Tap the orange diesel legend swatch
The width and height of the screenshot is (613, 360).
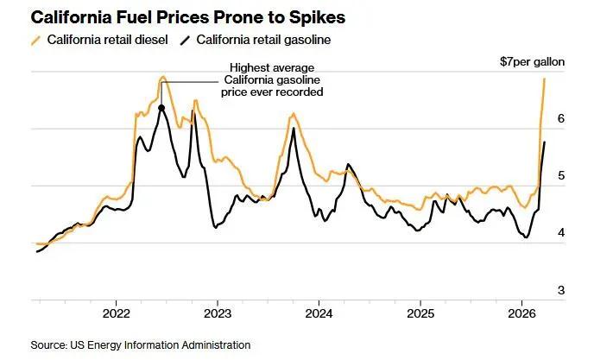(35, 40)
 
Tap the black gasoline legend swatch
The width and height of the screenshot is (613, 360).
(186, 40)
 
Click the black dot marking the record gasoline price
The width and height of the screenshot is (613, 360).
(161, 108)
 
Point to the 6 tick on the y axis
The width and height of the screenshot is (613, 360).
(560, 119)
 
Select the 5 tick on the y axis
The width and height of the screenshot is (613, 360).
(560, 176)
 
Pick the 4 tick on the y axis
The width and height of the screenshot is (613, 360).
(560, 233)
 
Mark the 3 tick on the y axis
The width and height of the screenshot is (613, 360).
(560, 290)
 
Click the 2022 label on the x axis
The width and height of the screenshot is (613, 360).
(116, 313)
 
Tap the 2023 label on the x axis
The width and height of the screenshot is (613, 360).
(218, 313)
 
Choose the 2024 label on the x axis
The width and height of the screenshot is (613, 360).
(319, 313)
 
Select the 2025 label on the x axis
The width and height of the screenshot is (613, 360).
(420, 313)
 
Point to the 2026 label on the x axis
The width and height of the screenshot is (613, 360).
(522, 313)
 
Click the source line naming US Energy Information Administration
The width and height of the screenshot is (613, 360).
(141, 344)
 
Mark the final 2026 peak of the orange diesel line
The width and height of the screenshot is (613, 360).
(545, 79)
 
